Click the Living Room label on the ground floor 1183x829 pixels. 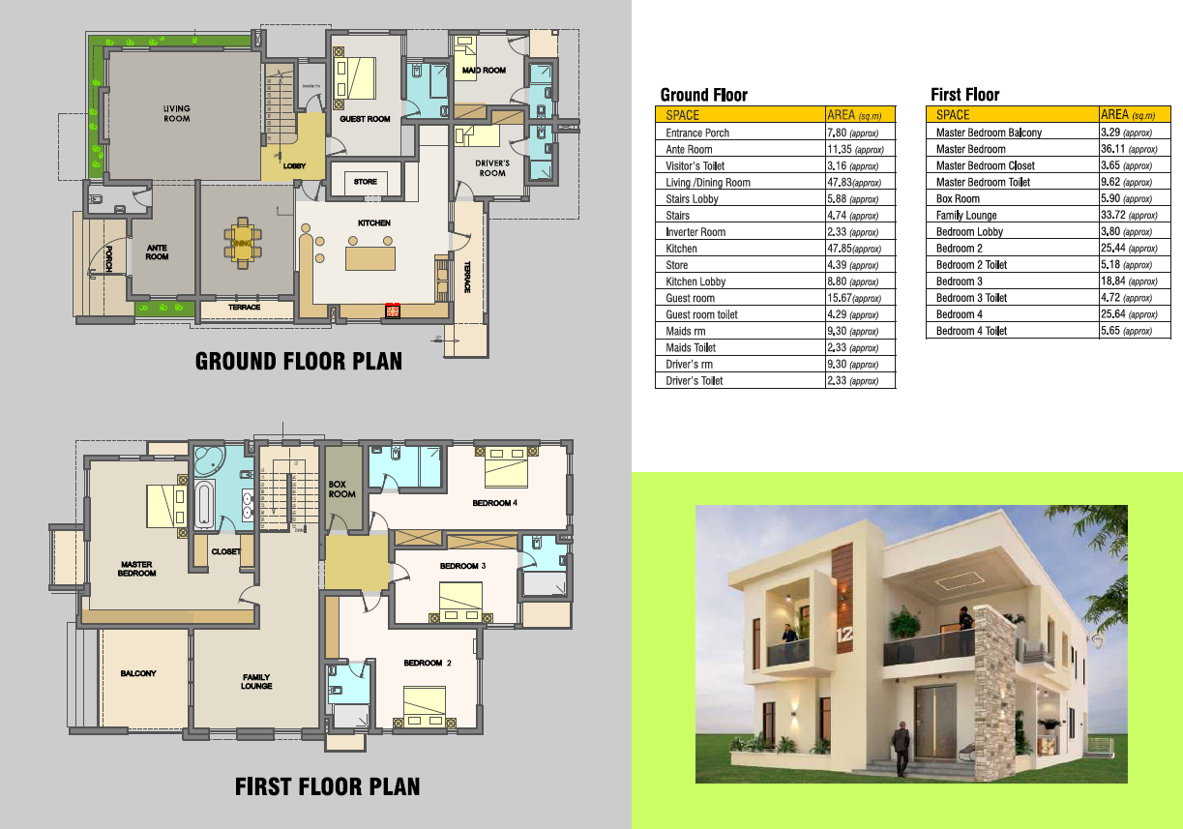[x=176, y=113]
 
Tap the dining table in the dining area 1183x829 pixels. [x=243, y=244]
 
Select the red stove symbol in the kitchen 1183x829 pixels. [x=393, y=311]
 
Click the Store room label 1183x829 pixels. [x=365, y=182]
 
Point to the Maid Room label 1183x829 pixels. [x=484, y=71]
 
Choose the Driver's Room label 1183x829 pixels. [x=492, y=168]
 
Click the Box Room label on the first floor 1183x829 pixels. [x=341, y=489]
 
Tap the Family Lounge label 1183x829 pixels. [x=256, y=681]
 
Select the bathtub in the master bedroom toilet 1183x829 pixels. [x=204, y=505]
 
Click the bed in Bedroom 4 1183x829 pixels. [x=506, y=467]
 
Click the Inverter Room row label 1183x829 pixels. [x=695, y=232]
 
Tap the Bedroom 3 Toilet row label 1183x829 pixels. [x=971, y=298]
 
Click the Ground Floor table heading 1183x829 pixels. [x=703, y=95]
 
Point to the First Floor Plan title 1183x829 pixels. [x=328, y=786]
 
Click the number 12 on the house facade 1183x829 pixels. [x=844, y=633]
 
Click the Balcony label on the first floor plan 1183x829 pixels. [x=138, y=673]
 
